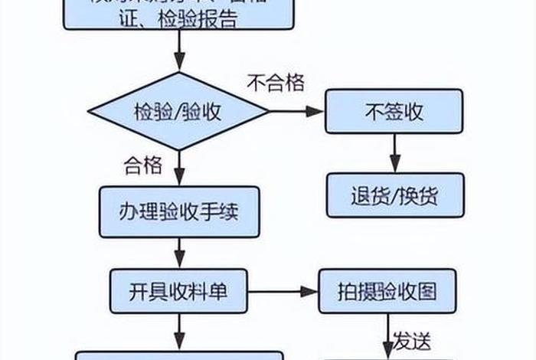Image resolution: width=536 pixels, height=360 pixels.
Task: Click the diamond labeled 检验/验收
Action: point(179,112)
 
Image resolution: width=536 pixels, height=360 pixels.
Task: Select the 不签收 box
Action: point(394,112)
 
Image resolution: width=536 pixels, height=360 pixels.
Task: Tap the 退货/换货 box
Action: point(394,195)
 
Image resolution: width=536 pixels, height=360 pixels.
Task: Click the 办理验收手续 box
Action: point(179,211)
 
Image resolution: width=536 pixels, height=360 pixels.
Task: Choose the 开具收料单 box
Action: point(179,292)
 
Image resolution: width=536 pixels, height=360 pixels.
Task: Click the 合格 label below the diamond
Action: point(142,163)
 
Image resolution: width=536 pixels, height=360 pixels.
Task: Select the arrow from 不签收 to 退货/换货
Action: point(394,153)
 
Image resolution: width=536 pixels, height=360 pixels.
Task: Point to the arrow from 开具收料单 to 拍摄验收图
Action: point(283,292)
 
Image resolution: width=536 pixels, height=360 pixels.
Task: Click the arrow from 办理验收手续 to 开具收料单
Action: point(179,251)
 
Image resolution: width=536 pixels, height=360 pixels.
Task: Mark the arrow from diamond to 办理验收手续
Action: point(179,167)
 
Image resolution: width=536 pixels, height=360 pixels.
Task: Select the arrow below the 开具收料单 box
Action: point(179,333)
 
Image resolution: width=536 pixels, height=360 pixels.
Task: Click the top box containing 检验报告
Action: point(179,13)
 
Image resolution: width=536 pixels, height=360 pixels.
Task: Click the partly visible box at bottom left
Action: point(179,355)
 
